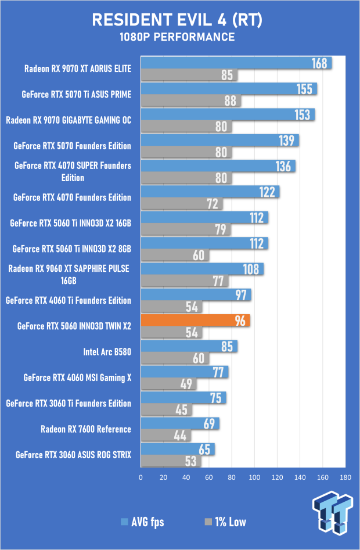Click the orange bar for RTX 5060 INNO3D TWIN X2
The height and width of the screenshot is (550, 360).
(x=195, y=320)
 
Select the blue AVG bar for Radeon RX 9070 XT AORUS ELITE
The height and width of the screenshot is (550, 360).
(x=235, y=63)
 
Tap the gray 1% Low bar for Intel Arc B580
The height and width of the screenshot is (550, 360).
(x=174, y=358)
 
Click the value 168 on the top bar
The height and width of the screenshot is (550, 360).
(x=319, y=63)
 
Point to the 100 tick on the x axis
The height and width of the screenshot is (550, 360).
(x=254, y=477)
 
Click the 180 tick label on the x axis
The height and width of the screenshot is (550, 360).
(x=345, y=477)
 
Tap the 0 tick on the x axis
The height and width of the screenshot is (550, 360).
(x=141, y=477)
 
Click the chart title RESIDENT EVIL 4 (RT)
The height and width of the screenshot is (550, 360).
(x=180, y=21)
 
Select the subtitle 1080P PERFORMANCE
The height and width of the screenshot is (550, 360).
(x=180, y=37)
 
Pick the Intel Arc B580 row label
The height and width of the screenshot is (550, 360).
(x=107, y=352)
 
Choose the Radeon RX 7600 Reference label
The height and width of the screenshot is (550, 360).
(x=86, y=429)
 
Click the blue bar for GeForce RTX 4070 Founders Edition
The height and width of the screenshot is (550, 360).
(x=210, y=192)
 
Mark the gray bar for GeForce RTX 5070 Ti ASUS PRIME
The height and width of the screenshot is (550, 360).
(x=190, y=100)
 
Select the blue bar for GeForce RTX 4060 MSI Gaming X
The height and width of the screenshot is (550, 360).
(x=184, y=372)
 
